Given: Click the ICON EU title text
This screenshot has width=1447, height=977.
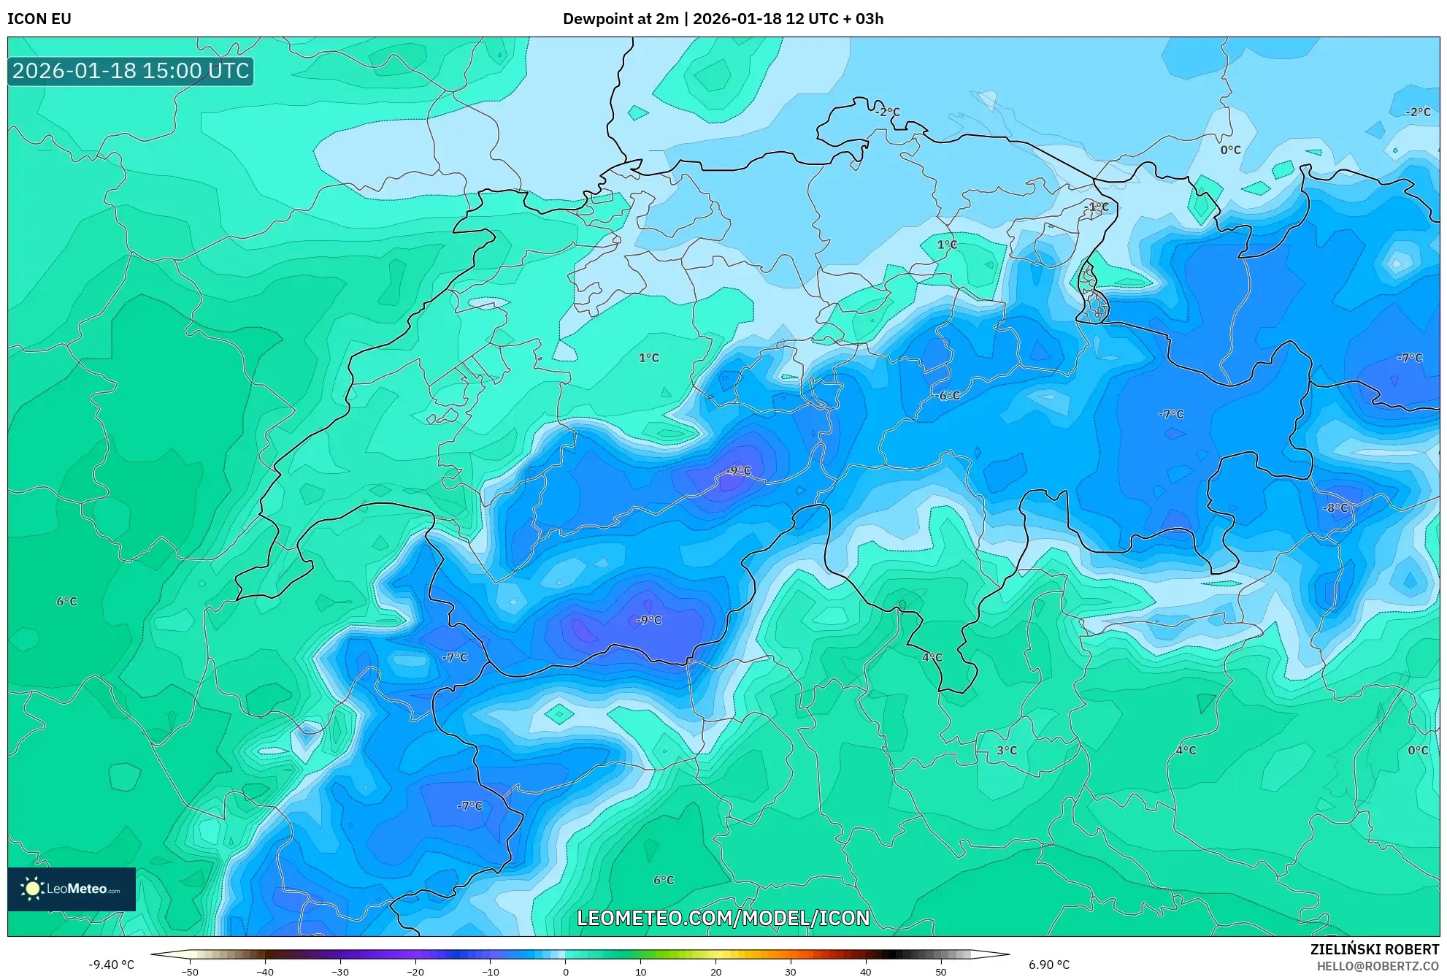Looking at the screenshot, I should (39, 19).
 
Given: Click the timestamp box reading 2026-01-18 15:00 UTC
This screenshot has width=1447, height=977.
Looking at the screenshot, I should (131, 71).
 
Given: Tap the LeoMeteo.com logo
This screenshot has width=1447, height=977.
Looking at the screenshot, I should (72, 889).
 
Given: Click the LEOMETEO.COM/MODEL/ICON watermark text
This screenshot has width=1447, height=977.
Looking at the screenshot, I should (723, 918).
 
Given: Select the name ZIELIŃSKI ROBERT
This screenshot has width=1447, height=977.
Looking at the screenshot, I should (1374, 949).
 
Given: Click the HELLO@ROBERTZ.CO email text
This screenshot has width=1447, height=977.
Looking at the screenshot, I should (1378, 966).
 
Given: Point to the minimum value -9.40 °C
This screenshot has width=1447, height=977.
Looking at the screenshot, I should (111, 965).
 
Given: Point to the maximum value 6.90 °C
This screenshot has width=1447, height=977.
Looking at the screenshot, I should (1048, 965).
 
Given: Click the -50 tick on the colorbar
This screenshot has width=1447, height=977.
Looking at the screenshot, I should (190, 972).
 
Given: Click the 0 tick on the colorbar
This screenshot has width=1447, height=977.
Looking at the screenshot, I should (565, 972).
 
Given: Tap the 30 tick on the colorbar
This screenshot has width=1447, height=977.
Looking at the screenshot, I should (790, 972).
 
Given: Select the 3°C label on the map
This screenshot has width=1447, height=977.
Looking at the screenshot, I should (1006, 751).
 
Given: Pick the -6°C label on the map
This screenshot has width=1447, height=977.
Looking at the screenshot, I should (947, 396).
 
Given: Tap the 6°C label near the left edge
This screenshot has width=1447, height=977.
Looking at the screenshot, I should (66, 602).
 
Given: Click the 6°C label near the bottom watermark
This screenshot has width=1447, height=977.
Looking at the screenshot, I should (663, 881).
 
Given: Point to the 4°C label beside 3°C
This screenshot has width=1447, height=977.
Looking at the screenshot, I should (1186, 751).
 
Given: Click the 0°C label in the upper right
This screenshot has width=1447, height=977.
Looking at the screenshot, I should (1230, 150).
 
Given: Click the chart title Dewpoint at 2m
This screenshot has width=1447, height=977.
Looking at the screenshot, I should (621, 19).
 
